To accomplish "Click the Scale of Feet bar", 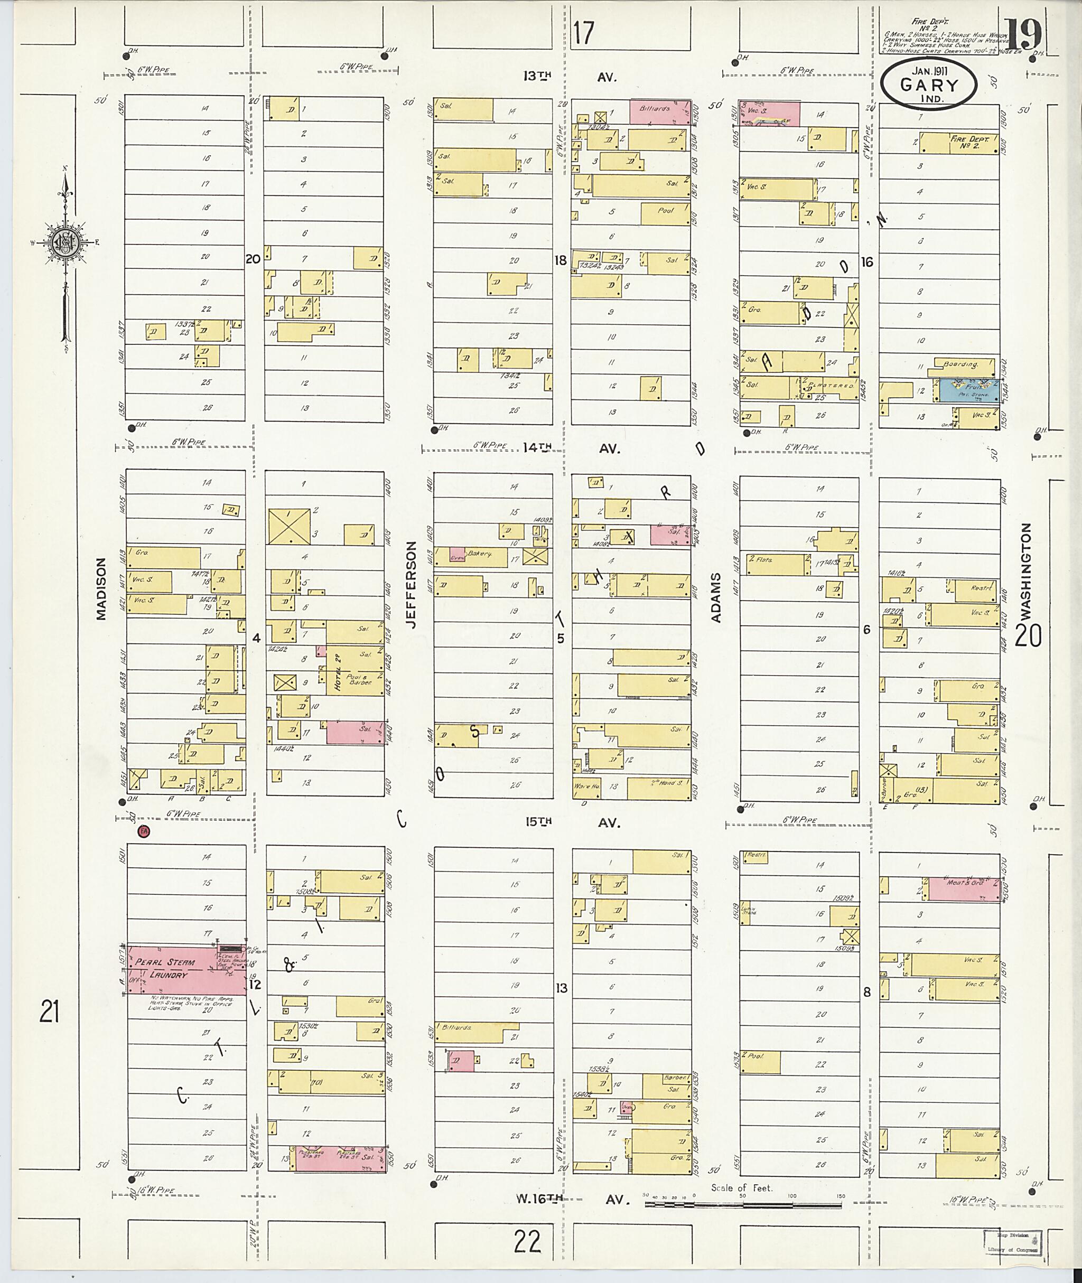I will click(742, 1204).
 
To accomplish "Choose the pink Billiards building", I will click(659, 111).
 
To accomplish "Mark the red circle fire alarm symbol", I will click(144, 831).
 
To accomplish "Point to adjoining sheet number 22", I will click(527, 1241).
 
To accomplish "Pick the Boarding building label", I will click(960, 364).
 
